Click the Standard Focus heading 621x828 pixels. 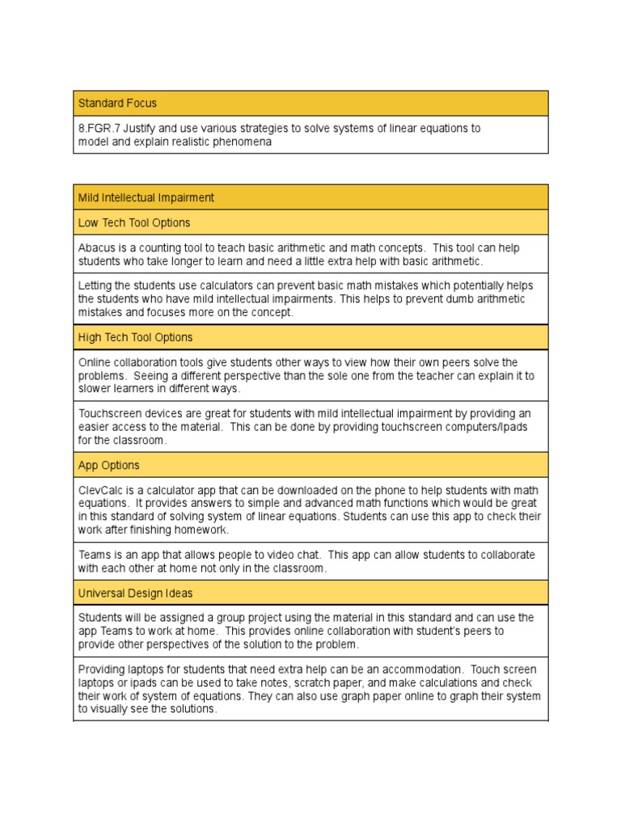point(117,103)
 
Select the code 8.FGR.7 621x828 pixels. point(99,129)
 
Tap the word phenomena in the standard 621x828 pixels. point(242,142)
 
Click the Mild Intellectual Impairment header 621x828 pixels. point(146,197)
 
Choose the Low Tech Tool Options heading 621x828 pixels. point(134,222)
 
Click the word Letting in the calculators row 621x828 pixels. point(95,285)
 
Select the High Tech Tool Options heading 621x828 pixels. point(135,337)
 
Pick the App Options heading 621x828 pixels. point(108,465)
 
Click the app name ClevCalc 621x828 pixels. point(100,491)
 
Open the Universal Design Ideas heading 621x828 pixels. point(135,593)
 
